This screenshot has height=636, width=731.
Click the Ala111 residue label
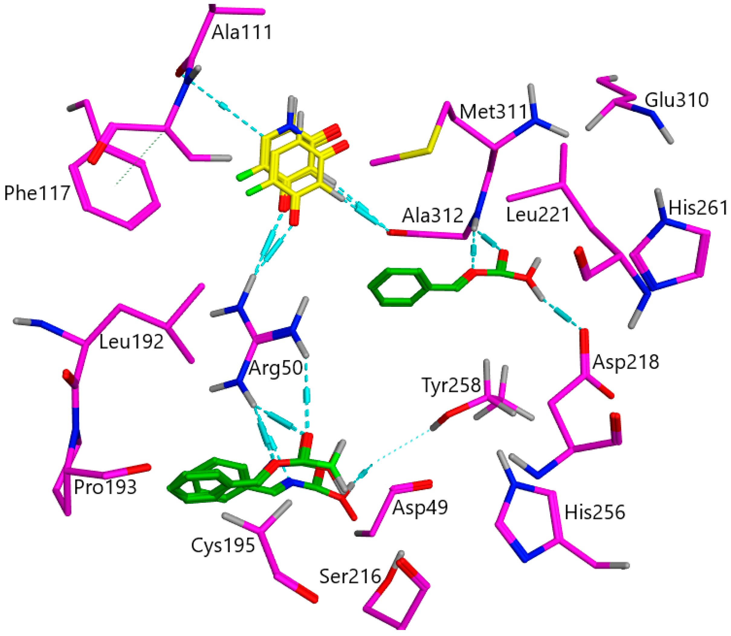[242, 32]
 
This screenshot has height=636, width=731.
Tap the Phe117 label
[37, 193]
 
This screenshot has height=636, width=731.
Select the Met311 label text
[493, 112]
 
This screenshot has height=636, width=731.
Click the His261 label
[698, 208]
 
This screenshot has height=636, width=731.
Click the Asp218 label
[626, 362]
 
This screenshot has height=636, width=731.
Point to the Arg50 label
[275, 368]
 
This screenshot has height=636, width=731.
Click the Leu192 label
[131, 342]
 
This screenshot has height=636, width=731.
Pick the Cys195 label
[223, 545]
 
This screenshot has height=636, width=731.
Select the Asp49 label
[420, 508]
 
